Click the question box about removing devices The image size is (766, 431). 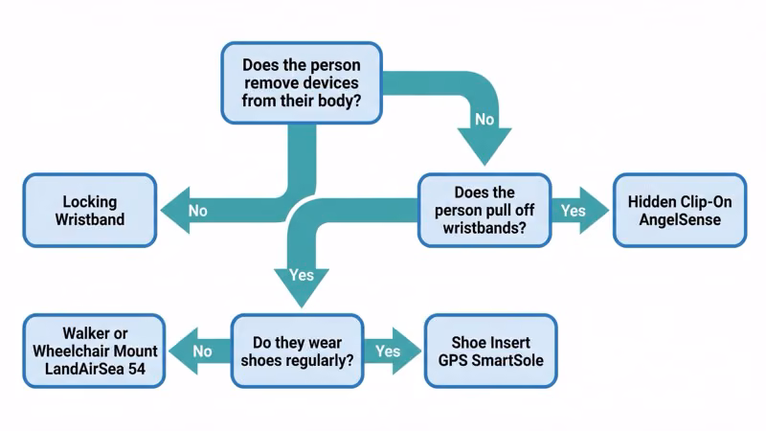(301, 82)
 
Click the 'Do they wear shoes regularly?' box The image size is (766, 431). (298, 351)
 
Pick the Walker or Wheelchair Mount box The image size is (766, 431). (94, 351)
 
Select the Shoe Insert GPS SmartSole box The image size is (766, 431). (490, 351)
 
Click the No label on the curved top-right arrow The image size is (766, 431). (484, 121)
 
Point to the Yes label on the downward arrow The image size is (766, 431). (301, 275)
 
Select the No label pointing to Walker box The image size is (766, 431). (202, 352)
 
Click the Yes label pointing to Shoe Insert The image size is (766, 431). (388, 352)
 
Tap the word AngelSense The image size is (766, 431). (679, 220)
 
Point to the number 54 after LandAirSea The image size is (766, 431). (144, 369)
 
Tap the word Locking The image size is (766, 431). (89, 202)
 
